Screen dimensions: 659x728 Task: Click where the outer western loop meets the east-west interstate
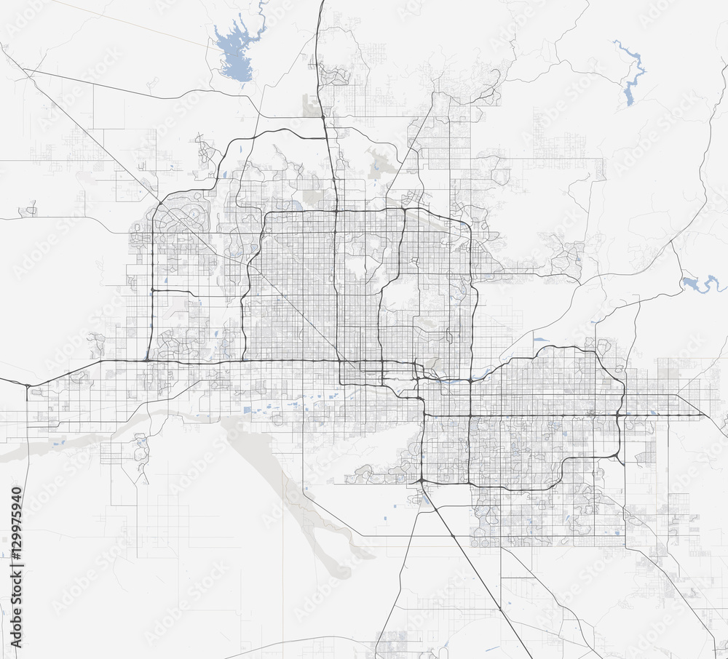[x=148, y=359]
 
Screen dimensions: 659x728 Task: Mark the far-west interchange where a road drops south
[x=27, y=385]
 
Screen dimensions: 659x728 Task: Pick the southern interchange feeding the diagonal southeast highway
[x=422, y=482]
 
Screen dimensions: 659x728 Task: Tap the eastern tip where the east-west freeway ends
[x=703, y=415]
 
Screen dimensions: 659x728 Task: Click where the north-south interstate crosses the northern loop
[x=336, y=211]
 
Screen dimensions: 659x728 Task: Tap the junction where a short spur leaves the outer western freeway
[x=151, y=290]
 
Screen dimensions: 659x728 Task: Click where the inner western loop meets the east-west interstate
[x=244, y=359]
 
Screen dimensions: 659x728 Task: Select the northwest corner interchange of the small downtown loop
[x=341, y=363]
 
